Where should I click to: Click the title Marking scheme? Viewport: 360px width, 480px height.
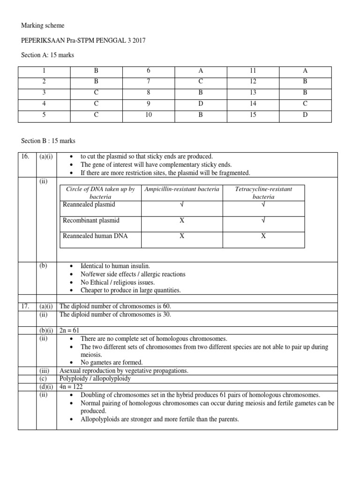click(43, 25)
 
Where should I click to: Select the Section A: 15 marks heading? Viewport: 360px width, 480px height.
click(48, 55)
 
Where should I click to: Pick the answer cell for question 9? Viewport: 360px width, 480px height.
click(201, 105)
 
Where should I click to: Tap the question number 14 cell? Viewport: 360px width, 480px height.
click(253, 105)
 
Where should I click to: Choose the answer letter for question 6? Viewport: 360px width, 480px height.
click(201, 71)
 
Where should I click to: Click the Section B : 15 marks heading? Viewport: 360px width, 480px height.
click(48, 141)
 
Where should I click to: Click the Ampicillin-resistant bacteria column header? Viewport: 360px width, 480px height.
click(181, 189)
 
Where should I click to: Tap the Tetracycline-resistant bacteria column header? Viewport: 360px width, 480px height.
click(263, 193)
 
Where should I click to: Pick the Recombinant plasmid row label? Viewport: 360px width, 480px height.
click(91, 220)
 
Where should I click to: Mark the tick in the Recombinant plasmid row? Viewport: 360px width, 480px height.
click(263, 220)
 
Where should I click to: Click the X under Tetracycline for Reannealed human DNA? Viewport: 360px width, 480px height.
click(263, 236)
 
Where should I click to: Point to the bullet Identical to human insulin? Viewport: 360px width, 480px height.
click(115, 266)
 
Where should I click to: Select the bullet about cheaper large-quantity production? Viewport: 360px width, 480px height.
click(130, 290)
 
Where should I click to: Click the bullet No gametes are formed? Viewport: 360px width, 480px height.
click(112, 362)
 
